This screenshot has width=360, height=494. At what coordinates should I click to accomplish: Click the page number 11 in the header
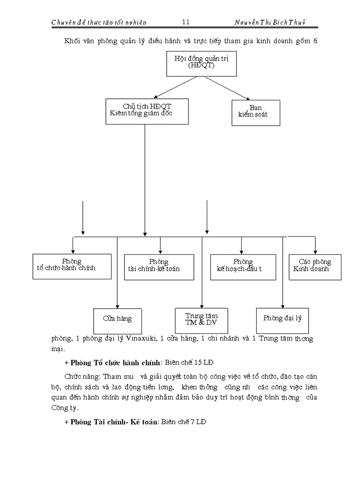tap(186, 22)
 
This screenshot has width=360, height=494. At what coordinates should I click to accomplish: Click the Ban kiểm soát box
tap(256, 112)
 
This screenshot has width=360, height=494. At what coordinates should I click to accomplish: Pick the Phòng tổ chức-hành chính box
tap(71, 266)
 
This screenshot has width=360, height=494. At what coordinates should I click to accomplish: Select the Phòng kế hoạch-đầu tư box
tap(243, 267)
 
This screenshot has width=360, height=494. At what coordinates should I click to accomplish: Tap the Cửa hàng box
tap(117, 320)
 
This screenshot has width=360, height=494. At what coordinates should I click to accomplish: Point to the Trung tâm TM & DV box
tap(202, 320)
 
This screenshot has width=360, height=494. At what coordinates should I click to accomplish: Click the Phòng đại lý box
tap(282, 320)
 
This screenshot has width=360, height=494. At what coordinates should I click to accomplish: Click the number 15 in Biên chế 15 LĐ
tap(190, 363)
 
